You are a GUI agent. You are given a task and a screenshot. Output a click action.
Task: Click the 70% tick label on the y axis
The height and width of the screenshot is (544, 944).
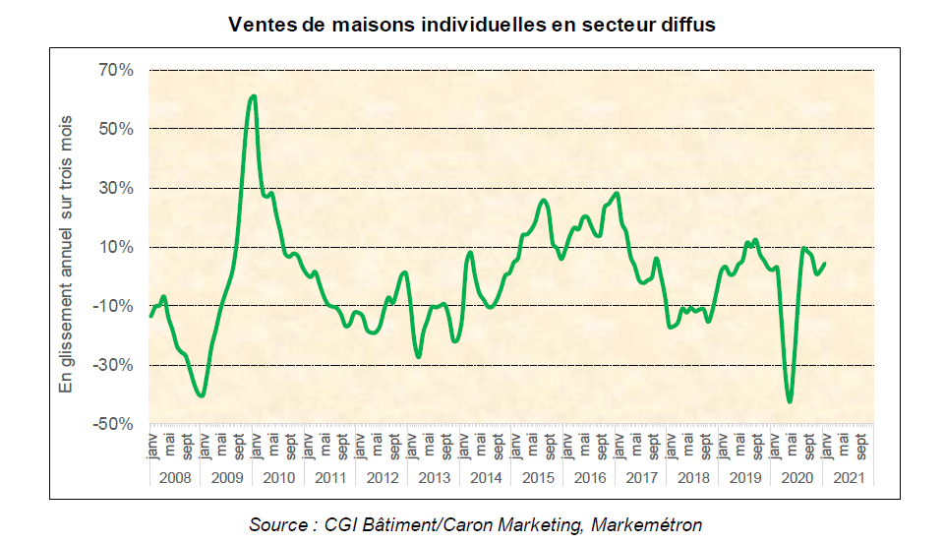tap(115, 70)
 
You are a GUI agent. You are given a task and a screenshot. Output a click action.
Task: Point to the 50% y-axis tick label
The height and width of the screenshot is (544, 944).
tap(115, 129)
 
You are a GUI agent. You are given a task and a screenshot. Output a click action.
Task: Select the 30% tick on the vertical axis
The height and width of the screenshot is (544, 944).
tap(115, 188)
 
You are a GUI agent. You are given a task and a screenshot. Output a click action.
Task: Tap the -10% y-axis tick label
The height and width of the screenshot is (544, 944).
tap(113, 306)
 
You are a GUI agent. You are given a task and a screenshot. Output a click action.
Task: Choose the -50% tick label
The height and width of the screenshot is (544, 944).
tap(113, 424)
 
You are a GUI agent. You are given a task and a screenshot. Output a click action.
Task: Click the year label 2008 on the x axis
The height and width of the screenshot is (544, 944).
tap(174, 477)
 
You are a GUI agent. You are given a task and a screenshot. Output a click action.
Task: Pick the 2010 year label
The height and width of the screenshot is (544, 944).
tap(278, 477)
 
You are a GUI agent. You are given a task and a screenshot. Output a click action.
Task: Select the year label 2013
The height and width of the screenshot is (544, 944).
tap(434, 477)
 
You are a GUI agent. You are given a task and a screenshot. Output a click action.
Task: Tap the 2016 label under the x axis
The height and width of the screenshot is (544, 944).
tap(588, 477)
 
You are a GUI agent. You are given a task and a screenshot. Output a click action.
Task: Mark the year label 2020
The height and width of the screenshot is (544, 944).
tap(796, 477)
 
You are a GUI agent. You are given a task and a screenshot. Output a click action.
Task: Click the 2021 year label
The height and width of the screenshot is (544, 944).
tap(848, 477)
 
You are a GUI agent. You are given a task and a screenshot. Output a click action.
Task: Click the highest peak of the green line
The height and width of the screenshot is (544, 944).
tap(254, 95)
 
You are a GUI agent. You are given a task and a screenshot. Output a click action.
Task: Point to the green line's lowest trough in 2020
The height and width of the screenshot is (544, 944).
tap(790, 401)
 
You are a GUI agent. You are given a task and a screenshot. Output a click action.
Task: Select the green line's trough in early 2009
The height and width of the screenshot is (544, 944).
tap(202, 395)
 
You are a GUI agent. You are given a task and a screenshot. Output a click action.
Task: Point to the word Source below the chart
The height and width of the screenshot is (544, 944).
tap(277, 524)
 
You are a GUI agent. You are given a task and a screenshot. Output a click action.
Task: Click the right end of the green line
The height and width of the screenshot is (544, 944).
tap(824, 264)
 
